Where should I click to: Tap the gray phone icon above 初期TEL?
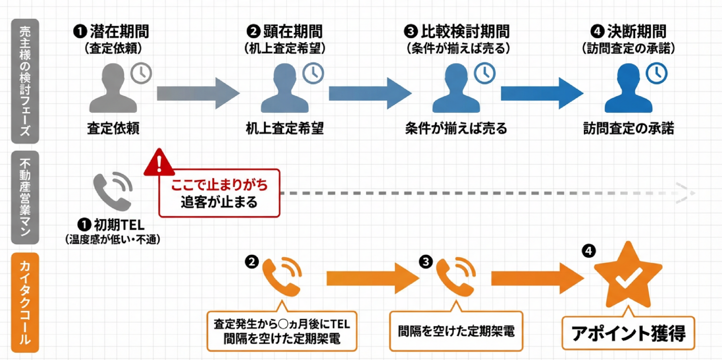(x=112, y=191)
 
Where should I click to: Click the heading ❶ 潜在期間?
(x=111, y=32)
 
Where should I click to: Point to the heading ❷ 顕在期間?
(x=285, y=32)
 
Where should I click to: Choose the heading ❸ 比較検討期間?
(x=456, y=32)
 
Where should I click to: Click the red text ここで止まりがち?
(x=219, y=184)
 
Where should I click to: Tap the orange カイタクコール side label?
(x=25, y=303)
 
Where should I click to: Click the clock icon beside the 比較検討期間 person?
(x=484, y=73)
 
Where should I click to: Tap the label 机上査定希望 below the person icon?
(x=284, y=128)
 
